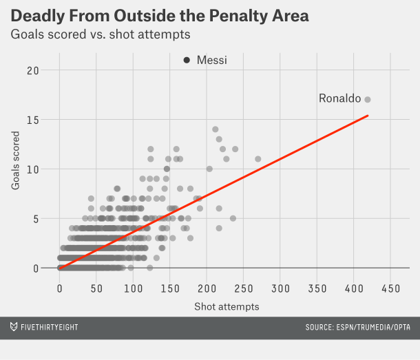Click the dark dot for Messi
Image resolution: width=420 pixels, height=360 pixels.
click(x=187, y=61)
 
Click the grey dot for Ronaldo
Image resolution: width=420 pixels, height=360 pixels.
click(x=368, y=99)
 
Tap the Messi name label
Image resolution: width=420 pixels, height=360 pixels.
click(x=211, y=61)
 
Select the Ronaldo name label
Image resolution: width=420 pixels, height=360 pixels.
click(x=339, y=99)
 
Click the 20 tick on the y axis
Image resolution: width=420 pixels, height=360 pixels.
click(x=32, y=70)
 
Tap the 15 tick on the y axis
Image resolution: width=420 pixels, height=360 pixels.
click(x=32, y=120)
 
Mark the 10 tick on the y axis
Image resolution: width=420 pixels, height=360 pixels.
click(x=32, y=169)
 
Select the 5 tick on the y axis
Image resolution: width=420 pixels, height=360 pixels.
click(x=35, y=219)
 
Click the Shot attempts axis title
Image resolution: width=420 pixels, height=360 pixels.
click(x=227, y=306)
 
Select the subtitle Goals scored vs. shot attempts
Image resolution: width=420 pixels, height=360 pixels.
click(x=101, y=34)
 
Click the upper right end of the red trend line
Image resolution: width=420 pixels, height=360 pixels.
click(x=368, y=116)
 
